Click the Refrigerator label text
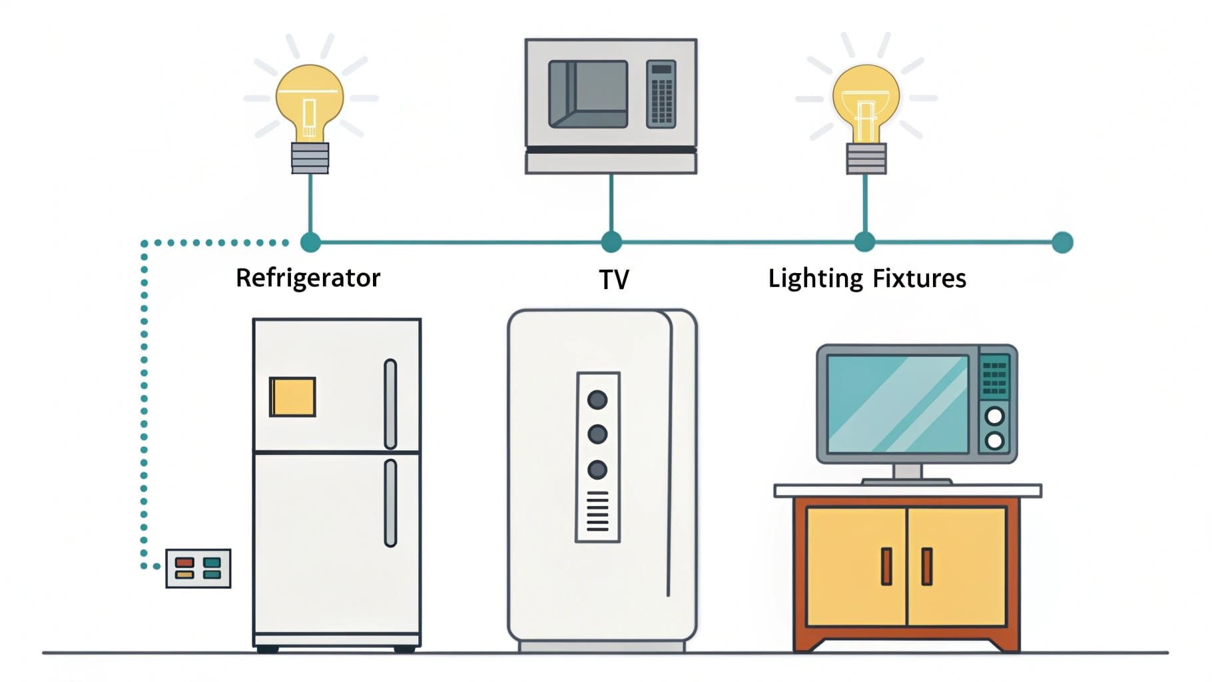tap(308, 278)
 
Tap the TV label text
tap(613, 280)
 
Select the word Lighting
tap(815, 278)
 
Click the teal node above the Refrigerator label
tap(310, 242)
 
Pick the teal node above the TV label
tap(611, 242)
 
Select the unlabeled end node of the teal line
tap(1062, 242)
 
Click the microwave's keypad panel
tap(661, 94)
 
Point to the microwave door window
tap(588, 94)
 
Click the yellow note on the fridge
tap(292, 397)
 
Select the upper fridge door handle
tap(390, 404)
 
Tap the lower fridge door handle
tap(390, 503)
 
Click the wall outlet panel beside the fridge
tap(198, 569)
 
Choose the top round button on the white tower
tap(597, 400)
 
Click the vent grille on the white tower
tap(597, 511)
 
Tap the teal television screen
tap(898, 404)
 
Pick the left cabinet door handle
tap(886, 566)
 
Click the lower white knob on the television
tap(994, 440)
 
